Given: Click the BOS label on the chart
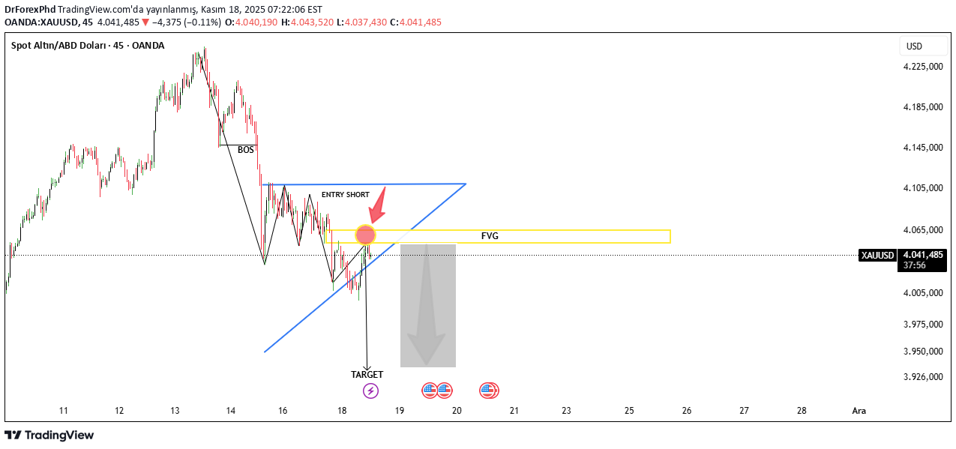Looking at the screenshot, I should [x=245, y=150].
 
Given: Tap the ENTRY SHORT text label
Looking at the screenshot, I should [x=345, y=195].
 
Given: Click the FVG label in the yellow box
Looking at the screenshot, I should [x=490, y=236].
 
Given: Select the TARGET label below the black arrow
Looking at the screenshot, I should [x=367, y=374].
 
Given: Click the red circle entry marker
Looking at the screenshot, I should [x=365, y=235].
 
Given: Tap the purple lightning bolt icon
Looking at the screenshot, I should [x=370, y=391].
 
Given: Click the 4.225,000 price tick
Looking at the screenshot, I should [x=923, y=67].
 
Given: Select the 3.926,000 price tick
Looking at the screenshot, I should [x=923, y=377].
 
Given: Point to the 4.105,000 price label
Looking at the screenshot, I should [x=923, y=188].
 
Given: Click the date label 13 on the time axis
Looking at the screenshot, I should [x=175, y=411].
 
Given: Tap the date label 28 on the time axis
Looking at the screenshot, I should [x=802, y=411].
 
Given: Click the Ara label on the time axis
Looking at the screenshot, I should [x=859, y=411].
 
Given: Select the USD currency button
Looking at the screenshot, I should [x=914, y=46].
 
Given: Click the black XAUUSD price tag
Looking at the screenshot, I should [x=877, y=256].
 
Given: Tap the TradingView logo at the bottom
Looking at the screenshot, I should [x=49, y=435].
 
